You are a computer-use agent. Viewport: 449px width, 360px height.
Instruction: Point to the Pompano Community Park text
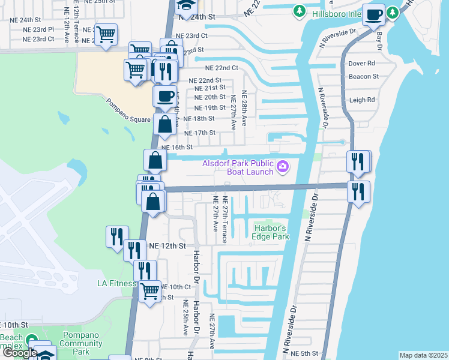point(83,347)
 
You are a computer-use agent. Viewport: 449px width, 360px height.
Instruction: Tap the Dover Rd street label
point(362,63)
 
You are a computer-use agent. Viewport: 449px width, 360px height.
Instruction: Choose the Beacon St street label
point(364,76)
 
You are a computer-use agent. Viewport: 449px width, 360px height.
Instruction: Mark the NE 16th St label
point(177,147)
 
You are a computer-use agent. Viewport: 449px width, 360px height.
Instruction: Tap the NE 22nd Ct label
point(221,68)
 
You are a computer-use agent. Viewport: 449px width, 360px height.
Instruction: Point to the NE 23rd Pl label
point(34,29)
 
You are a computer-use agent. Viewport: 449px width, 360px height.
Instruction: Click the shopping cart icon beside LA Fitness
point(149,292)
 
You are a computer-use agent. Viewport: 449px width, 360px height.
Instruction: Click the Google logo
point(19,353)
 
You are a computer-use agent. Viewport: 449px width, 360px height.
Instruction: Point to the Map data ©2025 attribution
point(423,355)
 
